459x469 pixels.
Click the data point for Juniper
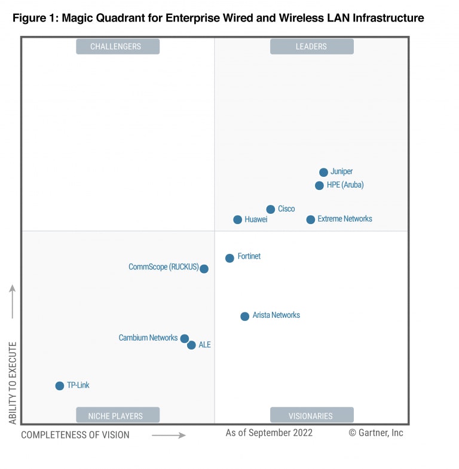(323, 172)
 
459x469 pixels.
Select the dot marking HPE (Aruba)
(319, 185)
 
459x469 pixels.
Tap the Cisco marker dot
(270, 209)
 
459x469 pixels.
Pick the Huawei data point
(237, 220)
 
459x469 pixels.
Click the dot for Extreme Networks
(310, 220)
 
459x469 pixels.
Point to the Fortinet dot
(229, 258)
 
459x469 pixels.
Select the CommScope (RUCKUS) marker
(204, 269)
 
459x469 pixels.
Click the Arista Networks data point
(244, 316)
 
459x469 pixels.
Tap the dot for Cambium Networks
(185, 339)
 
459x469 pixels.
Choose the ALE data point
(191, 345)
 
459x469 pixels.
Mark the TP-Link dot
(59, 386)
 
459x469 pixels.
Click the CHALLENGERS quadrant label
(118, 47)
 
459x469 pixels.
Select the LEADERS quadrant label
(311, 47)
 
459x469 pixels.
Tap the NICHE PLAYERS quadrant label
(118, 415)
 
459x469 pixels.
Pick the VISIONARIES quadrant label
(311, 415)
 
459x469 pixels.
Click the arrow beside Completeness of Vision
(169, 436)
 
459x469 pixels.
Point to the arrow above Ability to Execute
(13, 302)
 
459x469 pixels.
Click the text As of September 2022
(269, 433)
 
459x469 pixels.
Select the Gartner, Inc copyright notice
(376, 433)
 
